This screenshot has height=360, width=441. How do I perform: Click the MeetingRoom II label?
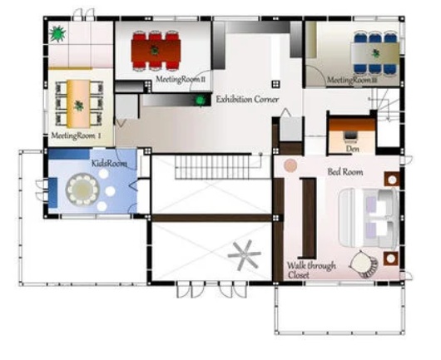[x=181, y=79]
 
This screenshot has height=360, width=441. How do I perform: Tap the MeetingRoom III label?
[x=352, y=80]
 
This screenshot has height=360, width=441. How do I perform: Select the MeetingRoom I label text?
[x=76, y=136]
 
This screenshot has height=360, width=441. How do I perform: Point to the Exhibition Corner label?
[x=247, y=99]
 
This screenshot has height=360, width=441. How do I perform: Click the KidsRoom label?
[x=109, y=164]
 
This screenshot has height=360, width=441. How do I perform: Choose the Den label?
[x=353, y=148]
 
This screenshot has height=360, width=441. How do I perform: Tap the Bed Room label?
[x=345, y=172]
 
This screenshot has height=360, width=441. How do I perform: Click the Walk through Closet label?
[x=311, y=270]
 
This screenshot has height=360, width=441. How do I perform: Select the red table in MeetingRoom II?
[x=156, y=51]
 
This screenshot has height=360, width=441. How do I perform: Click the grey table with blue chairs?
[x=375, y=53]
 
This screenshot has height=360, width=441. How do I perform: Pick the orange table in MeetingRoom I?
[x=78, y=104]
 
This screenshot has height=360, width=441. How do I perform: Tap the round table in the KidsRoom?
[x=82, y=190]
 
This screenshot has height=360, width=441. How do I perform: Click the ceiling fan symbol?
[x=244, y=255]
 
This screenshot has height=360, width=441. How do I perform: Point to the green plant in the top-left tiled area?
[x=57, y=34]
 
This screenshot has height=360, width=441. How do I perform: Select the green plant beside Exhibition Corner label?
[x=200, y=100]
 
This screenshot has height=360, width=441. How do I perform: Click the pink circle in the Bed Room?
[x=290, y=165]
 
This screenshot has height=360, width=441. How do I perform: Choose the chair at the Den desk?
[x=350, y=136]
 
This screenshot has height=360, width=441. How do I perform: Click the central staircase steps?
[x=212, y=167]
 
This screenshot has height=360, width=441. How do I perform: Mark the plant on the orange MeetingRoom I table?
[x=79, y=106]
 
